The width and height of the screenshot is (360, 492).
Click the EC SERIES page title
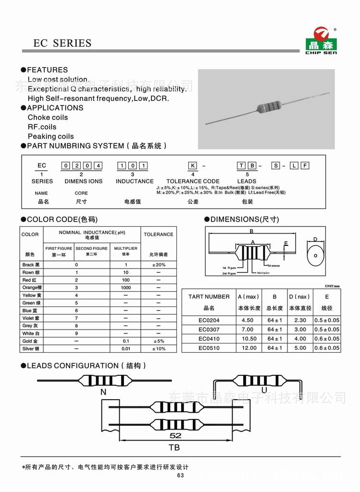pos(62,43)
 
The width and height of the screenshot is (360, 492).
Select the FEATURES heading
pos(47,70)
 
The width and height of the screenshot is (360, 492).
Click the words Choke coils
pos(48,117)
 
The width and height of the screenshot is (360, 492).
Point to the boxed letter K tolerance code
pos(191,166)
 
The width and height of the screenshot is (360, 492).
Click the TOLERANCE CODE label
pos(193,181)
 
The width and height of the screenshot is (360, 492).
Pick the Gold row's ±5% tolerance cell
pos(158,341)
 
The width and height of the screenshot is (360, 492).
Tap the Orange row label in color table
pos(32,287)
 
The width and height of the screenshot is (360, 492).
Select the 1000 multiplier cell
pos(125,287)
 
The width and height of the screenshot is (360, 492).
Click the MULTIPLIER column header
pos(125,248)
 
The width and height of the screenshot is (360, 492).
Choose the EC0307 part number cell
pos(209,330)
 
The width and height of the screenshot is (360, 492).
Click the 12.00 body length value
pos(249,348)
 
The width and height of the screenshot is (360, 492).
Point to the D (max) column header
pos(299,297)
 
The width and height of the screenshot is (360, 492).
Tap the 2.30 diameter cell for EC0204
pos(299,320)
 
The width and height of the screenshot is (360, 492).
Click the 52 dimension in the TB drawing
pos(175,436)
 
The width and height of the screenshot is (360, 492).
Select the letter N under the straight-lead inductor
pos(103,392)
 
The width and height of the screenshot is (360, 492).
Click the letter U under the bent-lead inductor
pos(263,390)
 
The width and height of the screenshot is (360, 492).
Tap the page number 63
pos(180,476)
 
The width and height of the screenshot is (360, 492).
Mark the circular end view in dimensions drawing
pos(315,255)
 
